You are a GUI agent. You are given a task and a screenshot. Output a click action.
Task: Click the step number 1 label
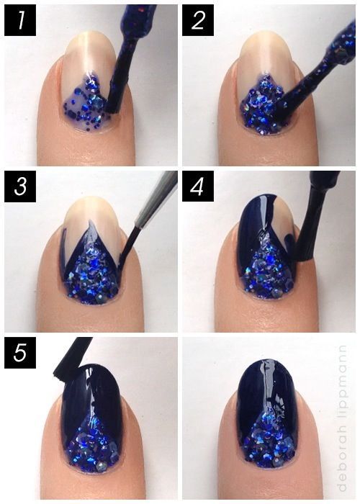(x=20, y=20)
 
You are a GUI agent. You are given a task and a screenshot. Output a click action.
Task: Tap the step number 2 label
(x=198, y=20)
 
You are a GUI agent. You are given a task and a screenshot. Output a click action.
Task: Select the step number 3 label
(x=20, y=186)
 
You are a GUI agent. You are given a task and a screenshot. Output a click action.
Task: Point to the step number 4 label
(x=198, y=186)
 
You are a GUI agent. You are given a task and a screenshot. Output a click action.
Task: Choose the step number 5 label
(x=20, y=353)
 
